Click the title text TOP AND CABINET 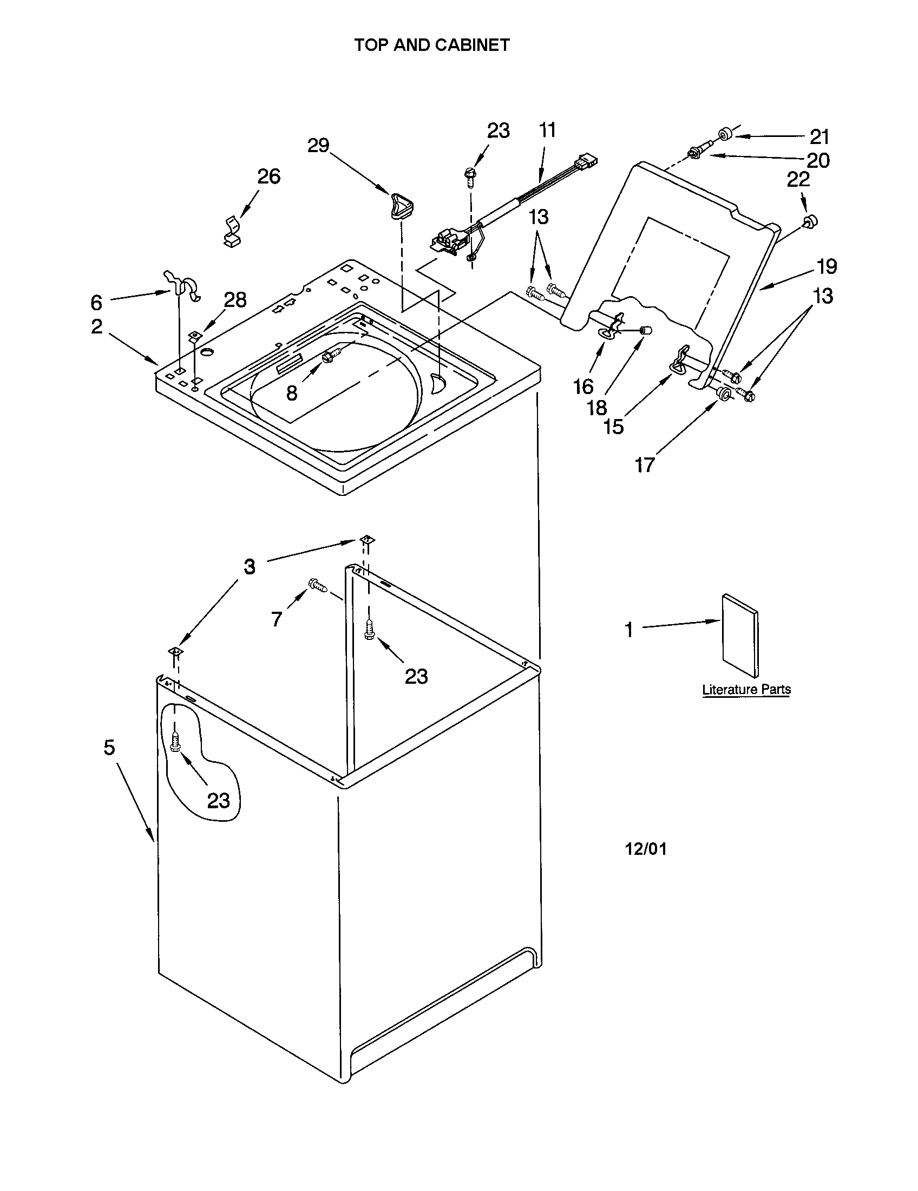(431, 45)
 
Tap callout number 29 (318, 146)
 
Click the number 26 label (268, 176)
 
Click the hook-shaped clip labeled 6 (183, 285)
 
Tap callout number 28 (235, 299)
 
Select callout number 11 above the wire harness (547, 130)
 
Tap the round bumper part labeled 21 (725, 134)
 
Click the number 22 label (798, 179)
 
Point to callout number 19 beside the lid (827, 267)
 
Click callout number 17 (644, 465)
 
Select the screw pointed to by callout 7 (318, 585)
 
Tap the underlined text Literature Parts (746, 689)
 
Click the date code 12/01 (645, 849)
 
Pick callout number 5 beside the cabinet (109, 747)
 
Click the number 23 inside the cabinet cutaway (218, 801)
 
